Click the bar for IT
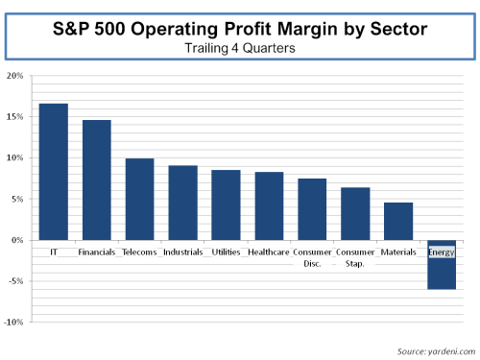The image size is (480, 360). pyautogui.click(x=53, y=173)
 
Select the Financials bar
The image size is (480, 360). pyautogui.click(x=96, y=180)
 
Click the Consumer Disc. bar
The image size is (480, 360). pyautogui.click(x=312, y=209)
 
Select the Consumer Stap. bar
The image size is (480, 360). pyautogui.click(x=355, y=214)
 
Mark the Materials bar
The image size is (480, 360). pyautogui.click(x=398, y=222)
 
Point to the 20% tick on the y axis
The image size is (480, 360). pyautogui.click(x=15, y=76)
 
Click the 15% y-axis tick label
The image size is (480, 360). pyautogui.click(x=15, y=117)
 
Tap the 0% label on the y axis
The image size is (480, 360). pyautogui.click(x=18, y=241)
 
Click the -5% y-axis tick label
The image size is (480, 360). pyautogui.click(x=16, y=282)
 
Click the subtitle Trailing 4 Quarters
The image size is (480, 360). pyautogui.click(x=239, y=45)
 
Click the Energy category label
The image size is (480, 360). pyautogui.click(x=442, y=252)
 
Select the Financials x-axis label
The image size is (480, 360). pyautogui.click(x=96, y=252)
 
